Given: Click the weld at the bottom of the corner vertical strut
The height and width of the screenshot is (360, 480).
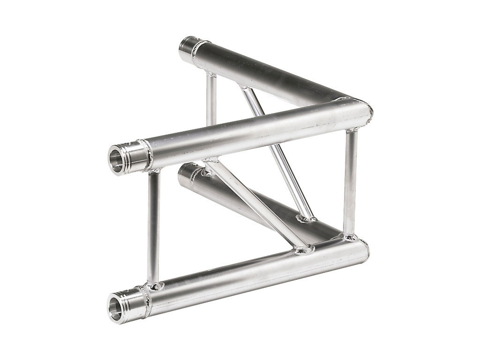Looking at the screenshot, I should [x=350, y=237].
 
